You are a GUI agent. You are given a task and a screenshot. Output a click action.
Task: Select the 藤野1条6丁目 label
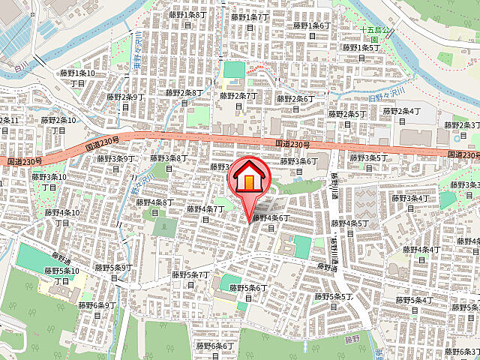point(310,30)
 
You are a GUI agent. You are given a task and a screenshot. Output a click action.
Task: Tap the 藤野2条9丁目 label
point(124,101)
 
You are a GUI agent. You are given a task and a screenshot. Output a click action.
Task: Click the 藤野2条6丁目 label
point(295,103)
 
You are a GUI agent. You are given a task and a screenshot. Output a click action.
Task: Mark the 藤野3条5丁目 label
point(368,162)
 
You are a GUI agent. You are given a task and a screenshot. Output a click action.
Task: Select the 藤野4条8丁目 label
point(154,206)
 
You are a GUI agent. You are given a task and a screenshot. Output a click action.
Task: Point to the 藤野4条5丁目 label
point(349,227)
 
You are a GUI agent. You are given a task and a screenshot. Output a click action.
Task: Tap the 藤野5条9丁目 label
point(114,271)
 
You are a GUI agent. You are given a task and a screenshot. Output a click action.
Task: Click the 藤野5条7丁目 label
point(190,280)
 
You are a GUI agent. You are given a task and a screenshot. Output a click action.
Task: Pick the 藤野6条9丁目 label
point(97,310)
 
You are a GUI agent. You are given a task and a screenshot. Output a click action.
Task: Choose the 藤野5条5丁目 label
point(334,301)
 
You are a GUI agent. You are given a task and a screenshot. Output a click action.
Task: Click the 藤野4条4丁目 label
point(420,253)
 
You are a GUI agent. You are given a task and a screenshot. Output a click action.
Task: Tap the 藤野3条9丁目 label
point(116,163)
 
